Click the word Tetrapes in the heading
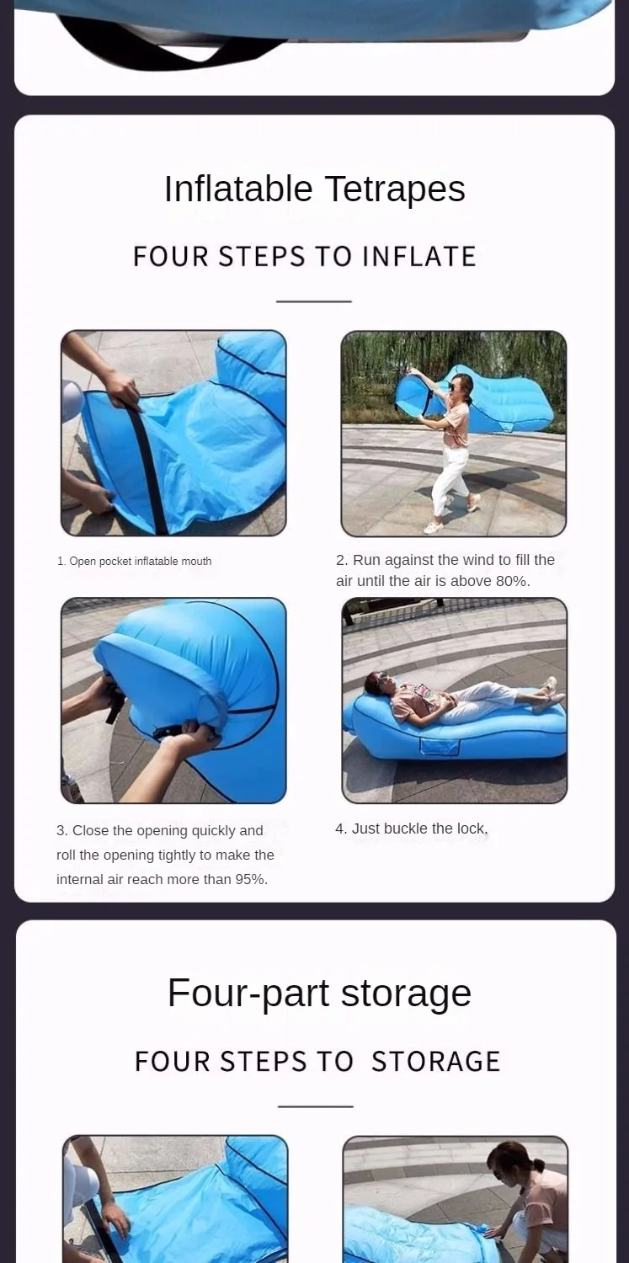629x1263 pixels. (395, 189)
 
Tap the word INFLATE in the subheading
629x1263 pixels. (419, 257)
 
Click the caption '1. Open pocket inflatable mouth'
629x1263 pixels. (134, 561)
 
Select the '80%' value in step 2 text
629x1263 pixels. (512, 581)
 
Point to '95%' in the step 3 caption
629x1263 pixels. (251, 880)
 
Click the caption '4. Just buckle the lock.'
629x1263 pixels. (412, 829)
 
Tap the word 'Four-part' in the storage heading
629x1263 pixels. (248, 994)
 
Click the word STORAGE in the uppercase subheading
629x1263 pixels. (435, 1061)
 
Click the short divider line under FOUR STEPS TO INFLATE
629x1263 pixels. (314, 301)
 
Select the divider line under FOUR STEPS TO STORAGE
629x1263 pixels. (316, 1106)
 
